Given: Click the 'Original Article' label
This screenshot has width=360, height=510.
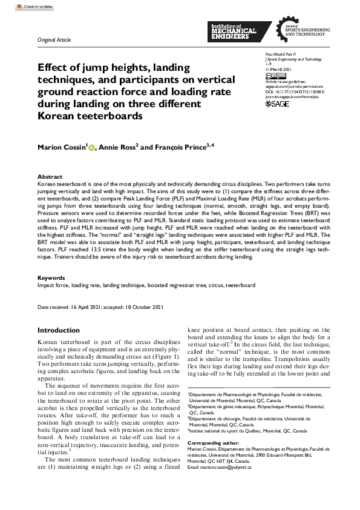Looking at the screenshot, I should click(54, 40).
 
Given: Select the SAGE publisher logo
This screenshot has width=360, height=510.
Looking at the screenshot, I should click(278, 104).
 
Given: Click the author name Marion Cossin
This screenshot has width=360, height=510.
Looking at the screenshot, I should click(62, 147).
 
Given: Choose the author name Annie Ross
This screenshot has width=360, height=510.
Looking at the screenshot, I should click(119, 147).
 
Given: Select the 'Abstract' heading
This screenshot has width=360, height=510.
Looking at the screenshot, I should click(50, 177).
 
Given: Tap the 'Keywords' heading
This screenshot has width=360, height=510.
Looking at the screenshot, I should click(52, 278).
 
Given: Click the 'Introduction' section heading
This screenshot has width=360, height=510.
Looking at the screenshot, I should click(59, 330).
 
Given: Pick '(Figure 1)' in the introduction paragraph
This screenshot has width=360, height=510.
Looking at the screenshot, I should click(163, 357).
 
